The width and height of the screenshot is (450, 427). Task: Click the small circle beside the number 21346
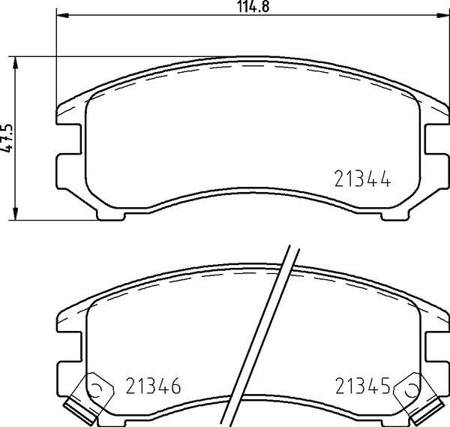pos(97,388)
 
